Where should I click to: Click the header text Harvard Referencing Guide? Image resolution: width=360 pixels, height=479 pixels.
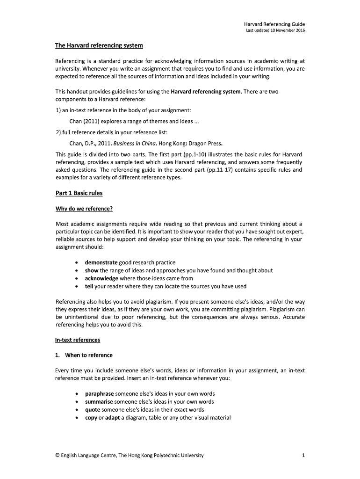[274, 24]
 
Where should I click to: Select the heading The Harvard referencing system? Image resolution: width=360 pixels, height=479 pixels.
[99, 45]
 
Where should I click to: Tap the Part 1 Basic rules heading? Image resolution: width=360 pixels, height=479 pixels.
[79, 193]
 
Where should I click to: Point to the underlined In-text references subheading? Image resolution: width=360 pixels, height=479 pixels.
[78, 340]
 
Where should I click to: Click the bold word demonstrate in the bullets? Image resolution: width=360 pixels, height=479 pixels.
[101, 262]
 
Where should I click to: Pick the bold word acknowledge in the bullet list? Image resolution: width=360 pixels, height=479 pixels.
[101, 278]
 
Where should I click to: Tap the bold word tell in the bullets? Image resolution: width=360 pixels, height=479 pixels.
[89, 286]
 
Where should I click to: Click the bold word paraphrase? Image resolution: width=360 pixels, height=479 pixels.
[99, 394]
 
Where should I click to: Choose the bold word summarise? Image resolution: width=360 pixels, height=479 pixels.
[99, 402]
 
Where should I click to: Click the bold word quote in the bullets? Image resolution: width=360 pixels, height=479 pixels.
[93, 410]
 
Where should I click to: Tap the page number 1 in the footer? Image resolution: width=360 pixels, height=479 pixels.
[303, 455]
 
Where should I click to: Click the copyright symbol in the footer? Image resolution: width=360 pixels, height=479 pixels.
[58, 455]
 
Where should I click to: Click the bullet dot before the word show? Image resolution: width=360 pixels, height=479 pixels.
[77, 271]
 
